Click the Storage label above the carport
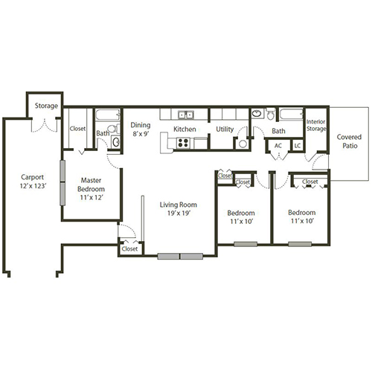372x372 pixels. pos(45,106)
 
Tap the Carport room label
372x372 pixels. pos(33,182)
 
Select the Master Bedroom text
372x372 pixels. pos(91,184)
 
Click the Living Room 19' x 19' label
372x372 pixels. pos(179,208)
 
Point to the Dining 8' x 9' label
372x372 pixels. pos(141,129)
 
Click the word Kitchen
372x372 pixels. pos(185,129)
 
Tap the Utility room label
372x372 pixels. pos(225,129)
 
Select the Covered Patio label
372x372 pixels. pos(349,141)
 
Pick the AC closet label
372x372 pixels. pos(278,146)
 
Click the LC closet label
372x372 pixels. pos(297,146)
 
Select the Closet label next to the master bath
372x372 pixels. pos(77,129)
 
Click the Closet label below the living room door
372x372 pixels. pos(129,248)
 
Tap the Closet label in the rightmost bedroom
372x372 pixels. pos(310,182)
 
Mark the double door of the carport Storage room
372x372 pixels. pos(45,124)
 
